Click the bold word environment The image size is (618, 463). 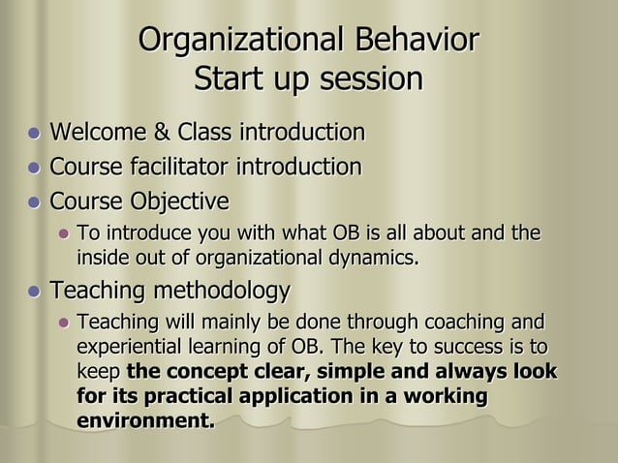pos(145,422)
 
